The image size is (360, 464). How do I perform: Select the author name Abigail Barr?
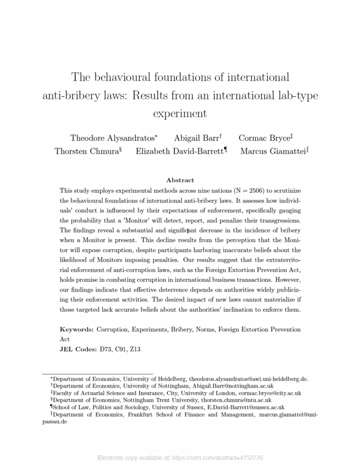196,138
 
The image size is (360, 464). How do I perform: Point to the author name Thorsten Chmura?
86,151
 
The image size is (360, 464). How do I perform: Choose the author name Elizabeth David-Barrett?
180,151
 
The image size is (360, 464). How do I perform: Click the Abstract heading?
180,180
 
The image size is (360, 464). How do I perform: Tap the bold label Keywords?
77,329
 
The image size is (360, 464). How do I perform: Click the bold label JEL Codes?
78,349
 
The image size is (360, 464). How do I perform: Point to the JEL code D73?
105,349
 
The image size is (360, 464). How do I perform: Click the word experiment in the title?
180,113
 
